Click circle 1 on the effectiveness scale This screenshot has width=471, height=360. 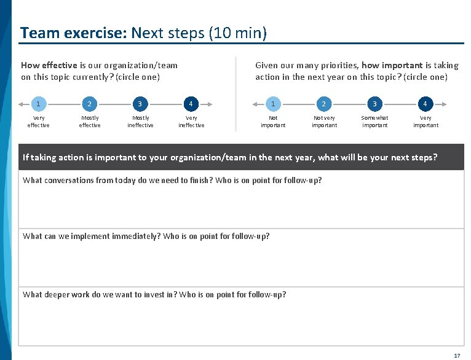[38, 103]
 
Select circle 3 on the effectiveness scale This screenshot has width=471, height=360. [140, 103]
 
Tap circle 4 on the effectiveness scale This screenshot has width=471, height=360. [191, 103]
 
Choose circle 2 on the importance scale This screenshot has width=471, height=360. [324, 103]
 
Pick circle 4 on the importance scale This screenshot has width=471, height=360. [425, 103]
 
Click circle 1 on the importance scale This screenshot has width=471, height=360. [273, 103]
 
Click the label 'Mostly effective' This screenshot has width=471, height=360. [90, 122]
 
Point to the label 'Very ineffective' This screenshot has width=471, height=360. [191, 122]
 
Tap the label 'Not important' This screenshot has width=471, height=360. [273, 122]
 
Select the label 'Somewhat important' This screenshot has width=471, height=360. [374, 122]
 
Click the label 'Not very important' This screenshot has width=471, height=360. [324, 122]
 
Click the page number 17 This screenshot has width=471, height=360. [456, 356]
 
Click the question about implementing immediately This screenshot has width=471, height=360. [146, 237]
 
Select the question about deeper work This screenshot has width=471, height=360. [154, 295]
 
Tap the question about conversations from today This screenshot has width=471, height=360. [172, 181]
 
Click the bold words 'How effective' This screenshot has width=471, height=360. [49, 65]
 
